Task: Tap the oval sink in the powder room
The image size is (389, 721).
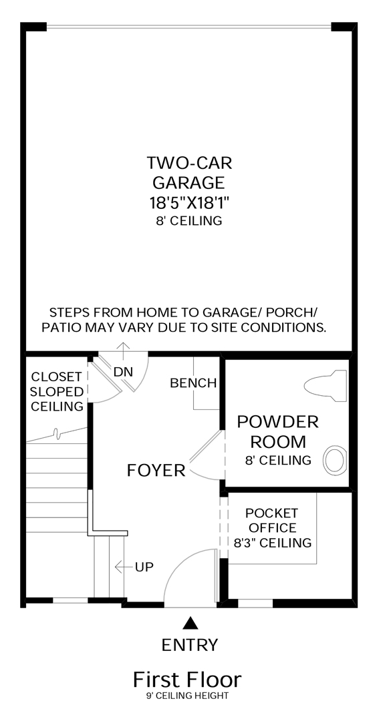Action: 335,460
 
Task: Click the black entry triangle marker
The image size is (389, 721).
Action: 189,624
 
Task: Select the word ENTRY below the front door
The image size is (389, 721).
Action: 190,645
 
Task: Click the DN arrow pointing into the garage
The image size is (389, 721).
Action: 123,350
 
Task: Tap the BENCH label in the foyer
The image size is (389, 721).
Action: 193,383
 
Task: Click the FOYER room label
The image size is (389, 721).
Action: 156,471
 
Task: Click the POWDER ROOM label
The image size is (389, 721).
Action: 278,432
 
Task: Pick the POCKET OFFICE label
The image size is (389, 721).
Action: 271,520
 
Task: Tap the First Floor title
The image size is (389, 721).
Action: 187,680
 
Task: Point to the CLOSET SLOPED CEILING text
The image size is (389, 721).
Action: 57,391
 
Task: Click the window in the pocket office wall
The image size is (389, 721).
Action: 255,603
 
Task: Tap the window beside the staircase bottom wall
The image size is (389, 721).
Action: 70,601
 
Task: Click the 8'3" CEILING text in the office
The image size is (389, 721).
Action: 273,543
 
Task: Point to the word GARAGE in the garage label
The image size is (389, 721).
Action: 188,182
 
